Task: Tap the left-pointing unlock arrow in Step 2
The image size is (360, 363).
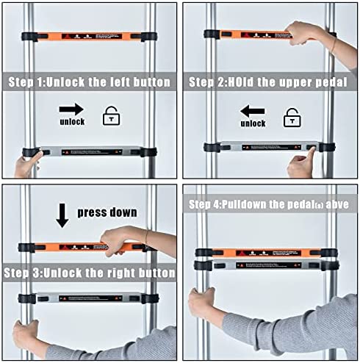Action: tap(253, 111)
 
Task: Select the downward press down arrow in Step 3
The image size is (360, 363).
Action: tap(62, 214)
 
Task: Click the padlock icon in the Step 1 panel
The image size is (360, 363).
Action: tap(112, 116)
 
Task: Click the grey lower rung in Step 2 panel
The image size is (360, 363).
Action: tap(264, 147)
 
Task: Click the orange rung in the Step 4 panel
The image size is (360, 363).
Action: tap(264, 253)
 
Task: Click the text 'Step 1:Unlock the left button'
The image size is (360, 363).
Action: tap(90, 82)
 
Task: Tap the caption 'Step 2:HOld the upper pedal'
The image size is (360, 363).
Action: tap(271, 82)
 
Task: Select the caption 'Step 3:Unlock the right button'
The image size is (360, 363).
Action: tap(90, 273)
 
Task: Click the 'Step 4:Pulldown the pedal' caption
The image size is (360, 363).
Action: tap(267, 204)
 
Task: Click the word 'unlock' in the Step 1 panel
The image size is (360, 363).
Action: tap(71, 123)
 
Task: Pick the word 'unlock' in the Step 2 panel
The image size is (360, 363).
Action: tap(253, 124)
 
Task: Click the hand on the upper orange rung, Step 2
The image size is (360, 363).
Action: tap(305, 32)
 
